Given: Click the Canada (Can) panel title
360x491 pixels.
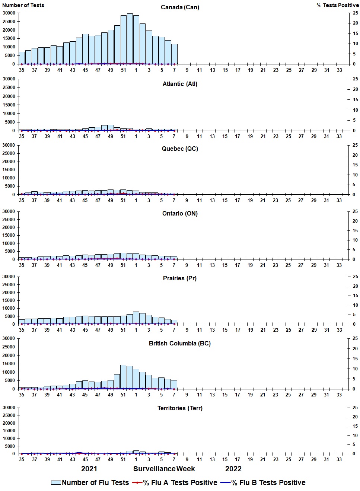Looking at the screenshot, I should [x=180, y=7].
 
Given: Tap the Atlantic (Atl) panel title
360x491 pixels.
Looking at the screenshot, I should [x=180, y=84].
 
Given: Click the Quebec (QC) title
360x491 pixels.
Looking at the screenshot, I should [x=180, y=149].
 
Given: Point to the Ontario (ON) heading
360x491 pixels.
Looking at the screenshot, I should [x=180, y=214].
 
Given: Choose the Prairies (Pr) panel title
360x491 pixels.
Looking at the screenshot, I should [x=180, y=278].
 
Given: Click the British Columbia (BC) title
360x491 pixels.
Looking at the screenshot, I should [x=180, y=343].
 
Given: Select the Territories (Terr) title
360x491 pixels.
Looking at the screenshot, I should [x=180, y=408].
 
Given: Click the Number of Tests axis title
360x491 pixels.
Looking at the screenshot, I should [x=23, y=5].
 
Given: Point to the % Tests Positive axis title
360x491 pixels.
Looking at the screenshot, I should [x=338, y=5].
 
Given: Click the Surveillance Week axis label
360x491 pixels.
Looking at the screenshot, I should [x=164, y=469].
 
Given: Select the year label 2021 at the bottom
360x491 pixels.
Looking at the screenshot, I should [x=89, y=469].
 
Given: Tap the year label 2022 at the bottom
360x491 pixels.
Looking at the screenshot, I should [x=233, y=469].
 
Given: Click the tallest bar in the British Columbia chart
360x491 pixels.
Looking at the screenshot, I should [x=123, y=377].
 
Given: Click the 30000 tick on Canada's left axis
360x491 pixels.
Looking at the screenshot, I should [x=9, y=13].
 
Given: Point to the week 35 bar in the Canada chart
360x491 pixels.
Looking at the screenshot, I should [x=22, y=58].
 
